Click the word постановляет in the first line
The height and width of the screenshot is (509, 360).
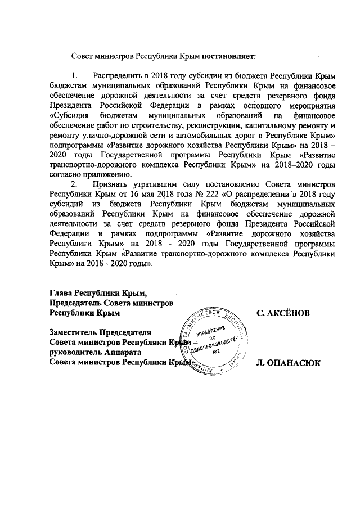pos(229,57)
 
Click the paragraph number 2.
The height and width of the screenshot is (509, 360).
pos(73,183)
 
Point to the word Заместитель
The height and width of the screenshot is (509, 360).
pos(73,332)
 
